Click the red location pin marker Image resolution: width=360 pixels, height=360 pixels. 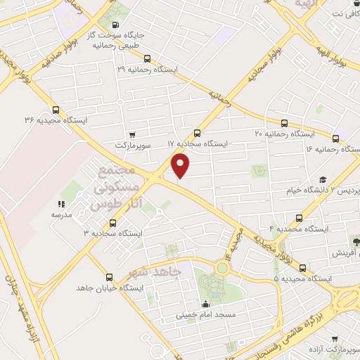click(x=181, y=165)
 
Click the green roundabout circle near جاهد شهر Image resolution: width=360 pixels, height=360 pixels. click(x=224, y=267)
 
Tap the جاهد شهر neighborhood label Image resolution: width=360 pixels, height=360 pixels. click(x=155, y=271)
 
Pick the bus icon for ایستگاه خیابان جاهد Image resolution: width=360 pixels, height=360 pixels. click(x=108, y=278)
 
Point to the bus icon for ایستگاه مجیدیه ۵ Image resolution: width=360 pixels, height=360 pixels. click(x=303, y=268)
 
